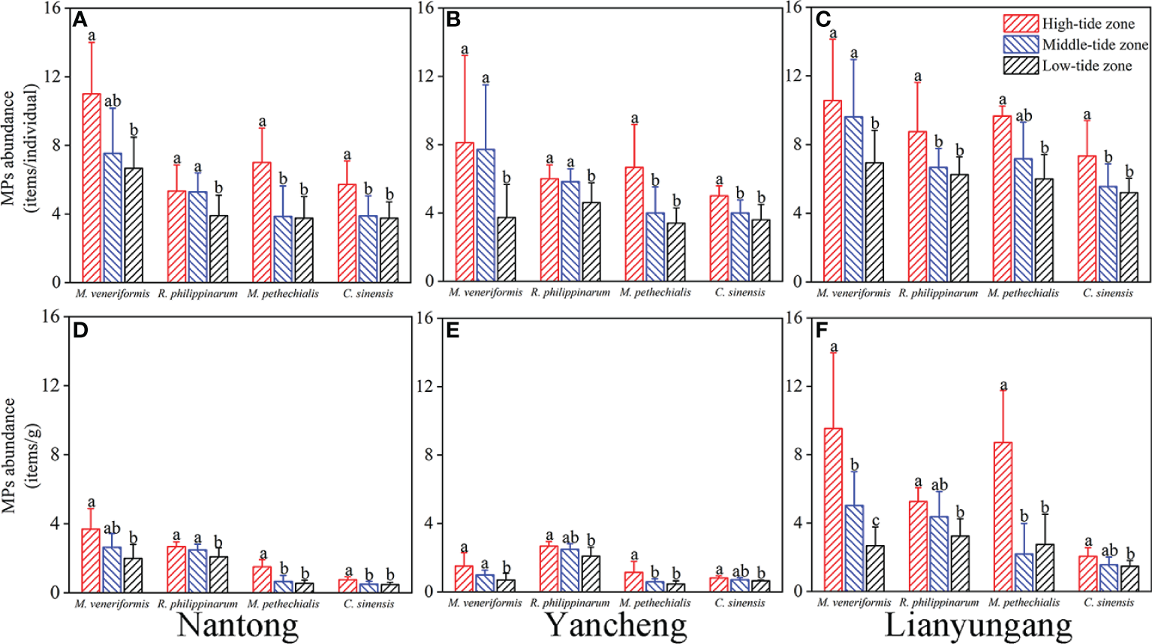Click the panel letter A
80,19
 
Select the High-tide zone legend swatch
1021,23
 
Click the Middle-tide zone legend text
1095,45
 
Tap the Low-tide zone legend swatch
1021,65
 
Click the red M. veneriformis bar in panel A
92,187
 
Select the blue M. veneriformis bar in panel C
853,199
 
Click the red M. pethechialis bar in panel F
1003,517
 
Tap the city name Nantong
237,625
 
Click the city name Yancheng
615,625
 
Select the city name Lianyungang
978,625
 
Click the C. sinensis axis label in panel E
739,603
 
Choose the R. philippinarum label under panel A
197,294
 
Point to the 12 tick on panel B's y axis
426,76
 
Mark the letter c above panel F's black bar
875,521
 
